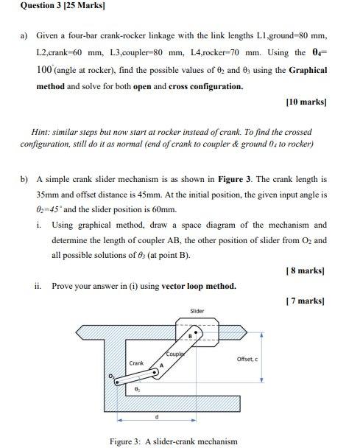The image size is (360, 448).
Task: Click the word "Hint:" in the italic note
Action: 43,132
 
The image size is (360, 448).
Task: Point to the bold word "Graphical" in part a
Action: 308,70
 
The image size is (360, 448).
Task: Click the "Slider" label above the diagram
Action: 197,312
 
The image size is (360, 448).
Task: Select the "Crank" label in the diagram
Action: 136,363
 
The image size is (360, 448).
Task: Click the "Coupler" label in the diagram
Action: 174,354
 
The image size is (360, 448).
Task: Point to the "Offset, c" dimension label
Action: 247,359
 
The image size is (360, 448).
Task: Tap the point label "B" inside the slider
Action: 190,336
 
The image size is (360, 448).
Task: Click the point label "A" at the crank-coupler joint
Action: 160,366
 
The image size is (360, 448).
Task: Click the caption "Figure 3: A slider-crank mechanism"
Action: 173,441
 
